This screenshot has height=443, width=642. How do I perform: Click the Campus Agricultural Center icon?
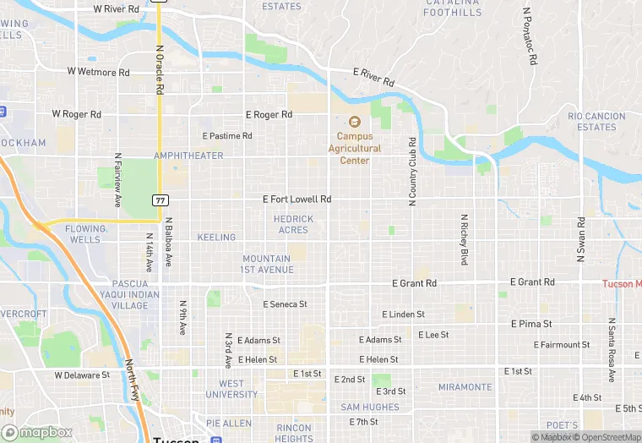tap(354, 121)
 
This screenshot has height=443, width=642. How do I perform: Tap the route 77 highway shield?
tap(159, 200)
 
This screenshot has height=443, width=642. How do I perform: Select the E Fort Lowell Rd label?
tap(297, 200)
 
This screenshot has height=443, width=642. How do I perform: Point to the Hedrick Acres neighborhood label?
tap(293, 224)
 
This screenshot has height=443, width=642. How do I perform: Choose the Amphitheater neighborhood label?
tap(188, 156)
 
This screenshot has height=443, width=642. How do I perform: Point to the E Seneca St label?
tap(285, 304)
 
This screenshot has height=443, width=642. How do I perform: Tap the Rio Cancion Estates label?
tap(596, 122)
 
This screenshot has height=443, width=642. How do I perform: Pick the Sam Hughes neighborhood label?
tap(370, 407)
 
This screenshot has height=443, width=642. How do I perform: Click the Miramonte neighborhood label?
tap(465, 387)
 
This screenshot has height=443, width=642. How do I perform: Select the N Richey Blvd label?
tap(464, 239)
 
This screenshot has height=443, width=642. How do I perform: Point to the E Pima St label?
tap(531, 324)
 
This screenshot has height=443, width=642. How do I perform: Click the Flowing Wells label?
tap(86, 233)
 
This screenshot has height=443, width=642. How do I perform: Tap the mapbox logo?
tap(37, 432)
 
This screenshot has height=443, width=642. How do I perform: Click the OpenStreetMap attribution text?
tap(608, 437)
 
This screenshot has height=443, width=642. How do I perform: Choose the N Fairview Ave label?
tap(117, 179)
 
